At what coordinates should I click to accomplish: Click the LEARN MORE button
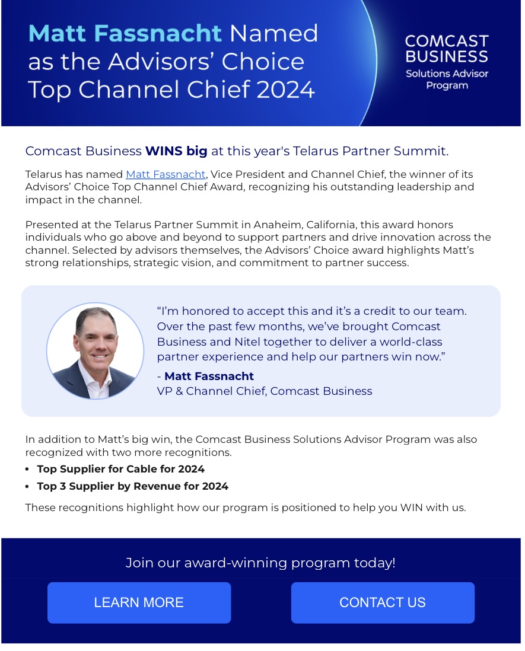click(139, 602)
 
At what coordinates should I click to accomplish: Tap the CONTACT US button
click(383, 602)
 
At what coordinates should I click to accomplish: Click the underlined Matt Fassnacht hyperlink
click(166, 174)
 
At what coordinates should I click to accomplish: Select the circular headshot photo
click(95, 351)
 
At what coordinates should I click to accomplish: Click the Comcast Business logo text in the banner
click(447, 49)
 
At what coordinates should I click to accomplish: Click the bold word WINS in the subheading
click(164, 151)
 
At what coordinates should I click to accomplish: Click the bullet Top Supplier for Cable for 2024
click(120, 469)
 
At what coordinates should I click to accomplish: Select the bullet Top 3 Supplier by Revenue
click(132, 486)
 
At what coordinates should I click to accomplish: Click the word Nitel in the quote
click(247, 342)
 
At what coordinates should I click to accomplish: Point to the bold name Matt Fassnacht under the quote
click(209, 376)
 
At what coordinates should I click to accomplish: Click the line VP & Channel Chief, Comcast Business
click(265, 391)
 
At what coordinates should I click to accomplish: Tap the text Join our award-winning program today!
click(260, 563)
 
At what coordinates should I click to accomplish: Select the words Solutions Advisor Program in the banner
click(447, 79)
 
